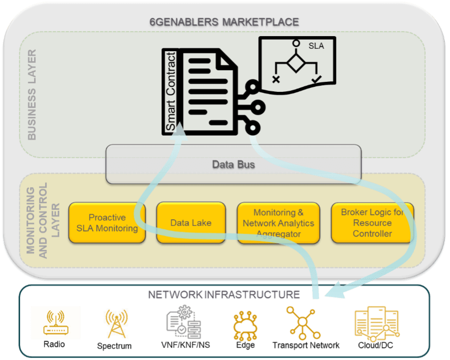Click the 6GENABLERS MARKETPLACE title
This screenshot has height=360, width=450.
224,22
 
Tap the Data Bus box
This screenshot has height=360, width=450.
233,164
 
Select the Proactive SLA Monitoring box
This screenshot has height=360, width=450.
107,222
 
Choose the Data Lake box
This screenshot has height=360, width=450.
191,222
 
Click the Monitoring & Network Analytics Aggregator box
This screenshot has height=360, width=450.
278,222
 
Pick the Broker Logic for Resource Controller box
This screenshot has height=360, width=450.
372,222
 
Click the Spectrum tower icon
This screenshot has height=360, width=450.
115,323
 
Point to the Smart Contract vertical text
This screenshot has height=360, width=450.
170,92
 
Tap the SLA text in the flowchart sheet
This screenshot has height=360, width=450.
316,46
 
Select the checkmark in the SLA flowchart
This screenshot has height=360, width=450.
315,80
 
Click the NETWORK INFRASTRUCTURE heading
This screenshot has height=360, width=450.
224,295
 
